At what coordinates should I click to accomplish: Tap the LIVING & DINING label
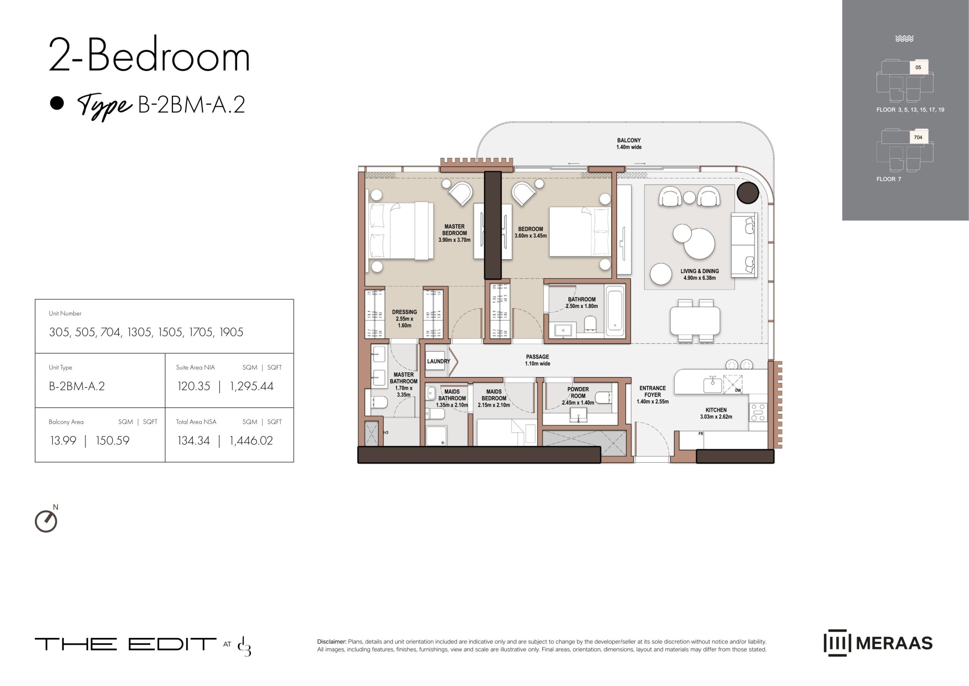click(699, 271)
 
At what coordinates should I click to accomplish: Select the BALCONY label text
click(629, 140)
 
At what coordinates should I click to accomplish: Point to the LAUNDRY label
click(439, 361)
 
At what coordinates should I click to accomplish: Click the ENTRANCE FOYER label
click(653, 392)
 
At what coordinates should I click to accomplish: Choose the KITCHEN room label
click(716, 410)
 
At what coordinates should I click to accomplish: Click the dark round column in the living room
click(748, 193)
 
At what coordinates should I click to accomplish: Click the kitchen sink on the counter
click(712, 385)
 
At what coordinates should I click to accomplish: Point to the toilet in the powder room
click(603, 398)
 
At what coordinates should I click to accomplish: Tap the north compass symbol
click(46, 521)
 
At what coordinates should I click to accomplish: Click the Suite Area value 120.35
click(193, 386)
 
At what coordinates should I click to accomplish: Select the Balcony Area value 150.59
click(112, 440)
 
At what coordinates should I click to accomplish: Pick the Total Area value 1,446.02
click(251, 440)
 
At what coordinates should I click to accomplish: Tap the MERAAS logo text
click(894, 643)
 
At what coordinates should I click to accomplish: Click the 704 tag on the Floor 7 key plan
click(918, 137)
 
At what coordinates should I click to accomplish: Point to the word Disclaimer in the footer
click(332, 641)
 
